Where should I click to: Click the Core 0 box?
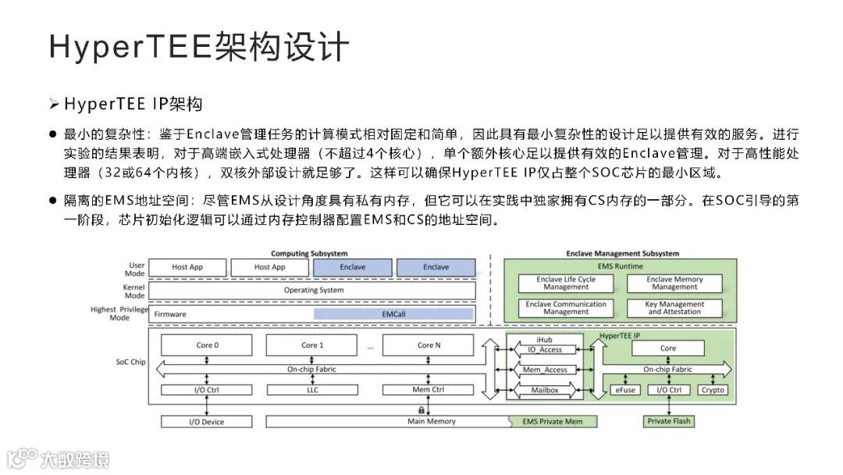point(207,345)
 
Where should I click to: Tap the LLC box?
point(312,390)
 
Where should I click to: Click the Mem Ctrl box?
point(427,390)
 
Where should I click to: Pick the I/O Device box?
point(207,422)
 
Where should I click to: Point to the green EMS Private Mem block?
point(552,422)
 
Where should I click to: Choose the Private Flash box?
point(669,422)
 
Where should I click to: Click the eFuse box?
point(624,390)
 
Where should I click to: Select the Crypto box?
point(713,390)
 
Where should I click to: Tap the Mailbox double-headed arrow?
point(545,388)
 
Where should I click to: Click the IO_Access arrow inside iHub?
point(545,350)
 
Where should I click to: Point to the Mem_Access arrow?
point(545,370)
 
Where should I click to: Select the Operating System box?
point(312,291)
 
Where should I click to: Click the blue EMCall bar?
point(393,314)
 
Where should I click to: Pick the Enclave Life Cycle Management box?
point(566,283)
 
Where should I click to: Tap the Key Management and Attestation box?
point(674,308)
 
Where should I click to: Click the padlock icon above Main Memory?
point(421,410)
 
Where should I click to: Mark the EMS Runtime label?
point(621,266)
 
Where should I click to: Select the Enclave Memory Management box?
point(674,283)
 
